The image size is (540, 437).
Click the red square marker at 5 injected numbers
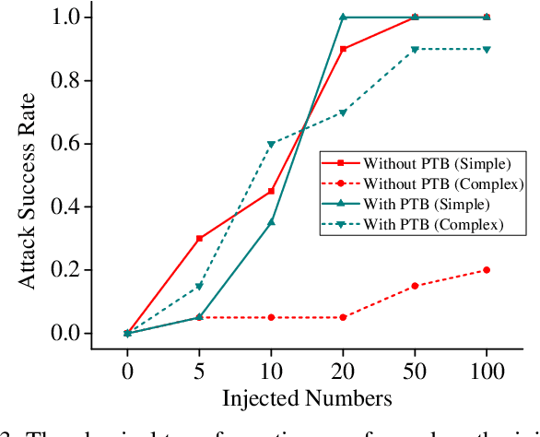tap(199, 239)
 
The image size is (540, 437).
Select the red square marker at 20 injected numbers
tap(343, 49)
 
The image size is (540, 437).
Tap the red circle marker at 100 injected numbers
tap(487, 270)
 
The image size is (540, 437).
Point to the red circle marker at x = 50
tap(415, 286)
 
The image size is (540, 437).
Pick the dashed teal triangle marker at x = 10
tap(271, 144)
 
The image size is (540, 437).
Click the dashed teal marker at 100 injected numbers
tap(487, 50)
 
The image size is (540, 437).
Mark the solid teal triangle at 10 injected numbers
tap(271, 222)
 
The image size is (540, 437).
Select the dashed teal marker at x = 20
tap(343, 112)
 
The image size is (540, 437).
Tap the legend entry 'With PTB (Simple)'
tap(409, 204)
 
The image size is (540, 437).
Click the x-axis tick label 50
tap(415, 372)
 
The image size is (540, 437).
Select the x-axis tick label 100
tap(487, 372)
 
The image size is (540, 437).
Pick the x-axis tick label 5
tap(199, 372)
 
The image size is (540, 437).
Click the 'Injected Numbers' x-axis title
tap(307, 399)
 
